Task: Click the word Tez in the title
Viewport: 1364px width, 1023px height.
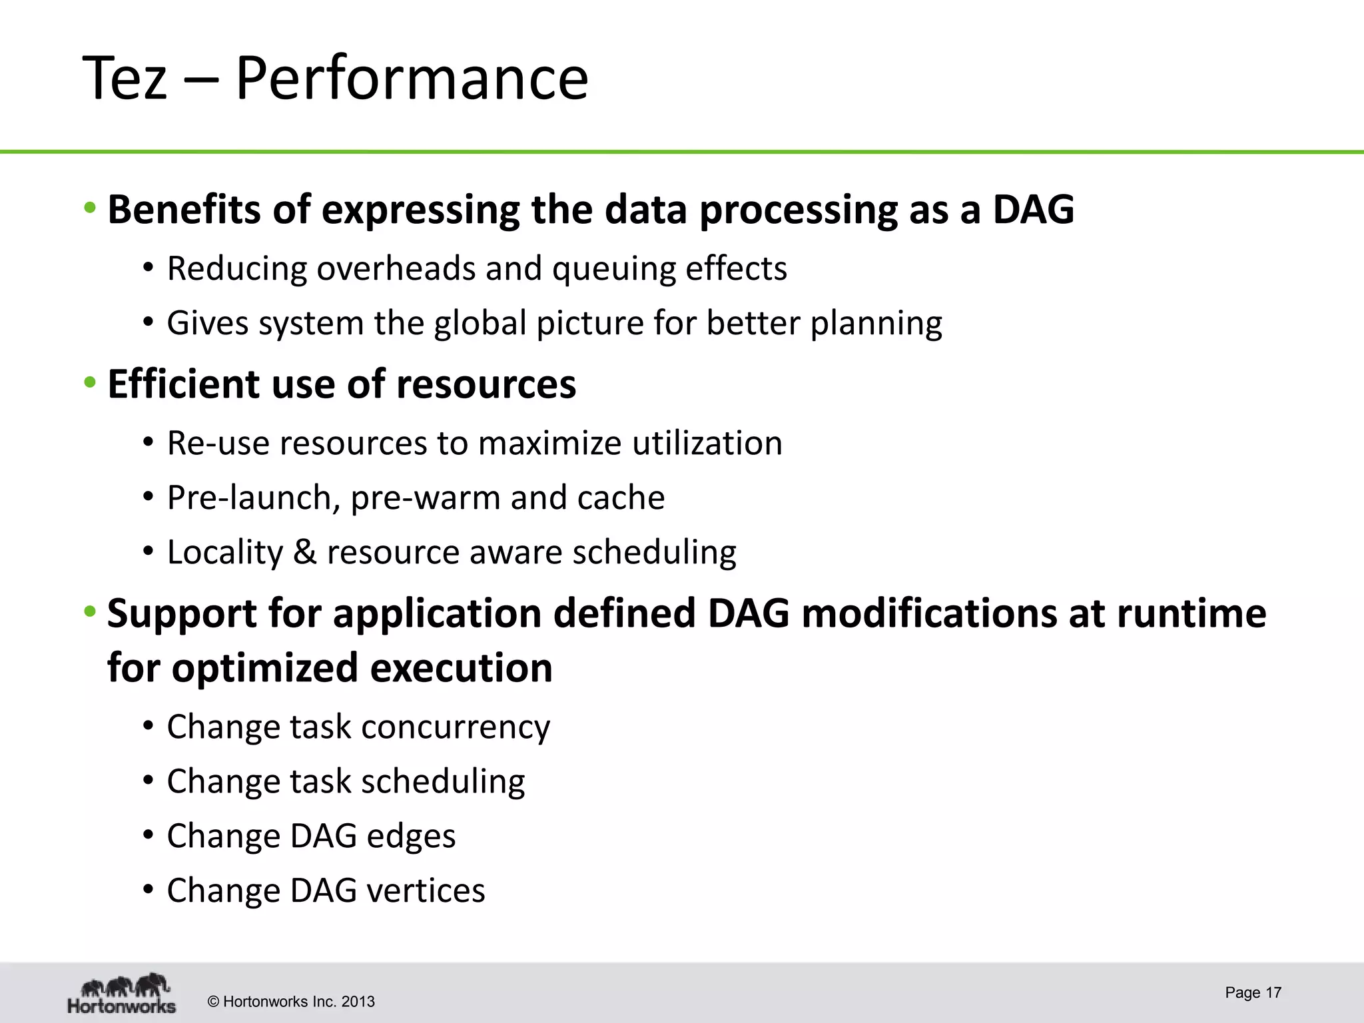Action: [125, 79]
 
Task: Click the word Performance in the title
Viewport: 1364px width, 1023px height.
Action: [412, 79]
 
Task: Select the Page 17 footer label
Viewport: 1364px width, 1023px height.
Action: [1253, 992]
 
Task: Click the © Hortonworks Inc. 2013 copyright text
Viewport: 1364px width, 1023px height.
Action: [291, 1002]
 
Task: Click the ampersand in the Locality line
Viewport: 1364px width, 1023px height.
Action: [304, 552]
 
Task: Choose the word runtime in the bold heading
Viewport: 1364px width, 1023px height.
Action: [1191, 613]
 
